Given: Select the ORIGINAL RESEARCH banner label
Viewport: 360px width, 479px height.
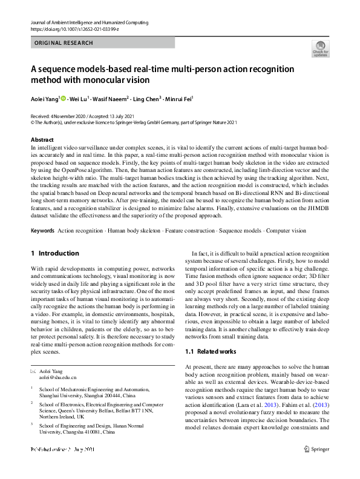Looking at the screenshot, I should coord(64,43).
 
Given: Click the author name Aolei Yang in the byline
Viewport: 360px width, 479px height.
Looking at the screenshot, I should coord(44,98).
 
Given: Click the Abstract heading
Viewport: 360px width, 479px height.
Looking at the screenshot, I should coord(42,139).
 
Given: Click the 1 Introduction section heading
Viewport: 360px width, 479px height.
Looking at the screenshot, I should coord(54,253).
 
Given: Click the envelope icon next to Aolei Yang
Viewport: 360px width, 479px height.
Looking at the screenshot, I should coord(33,370).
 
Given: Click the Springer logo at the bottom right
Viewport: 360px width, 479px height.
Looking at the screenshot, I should coord(316,449).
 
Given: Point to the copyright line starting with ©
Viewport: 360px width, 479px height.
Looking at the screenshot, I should coord(134,121).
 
